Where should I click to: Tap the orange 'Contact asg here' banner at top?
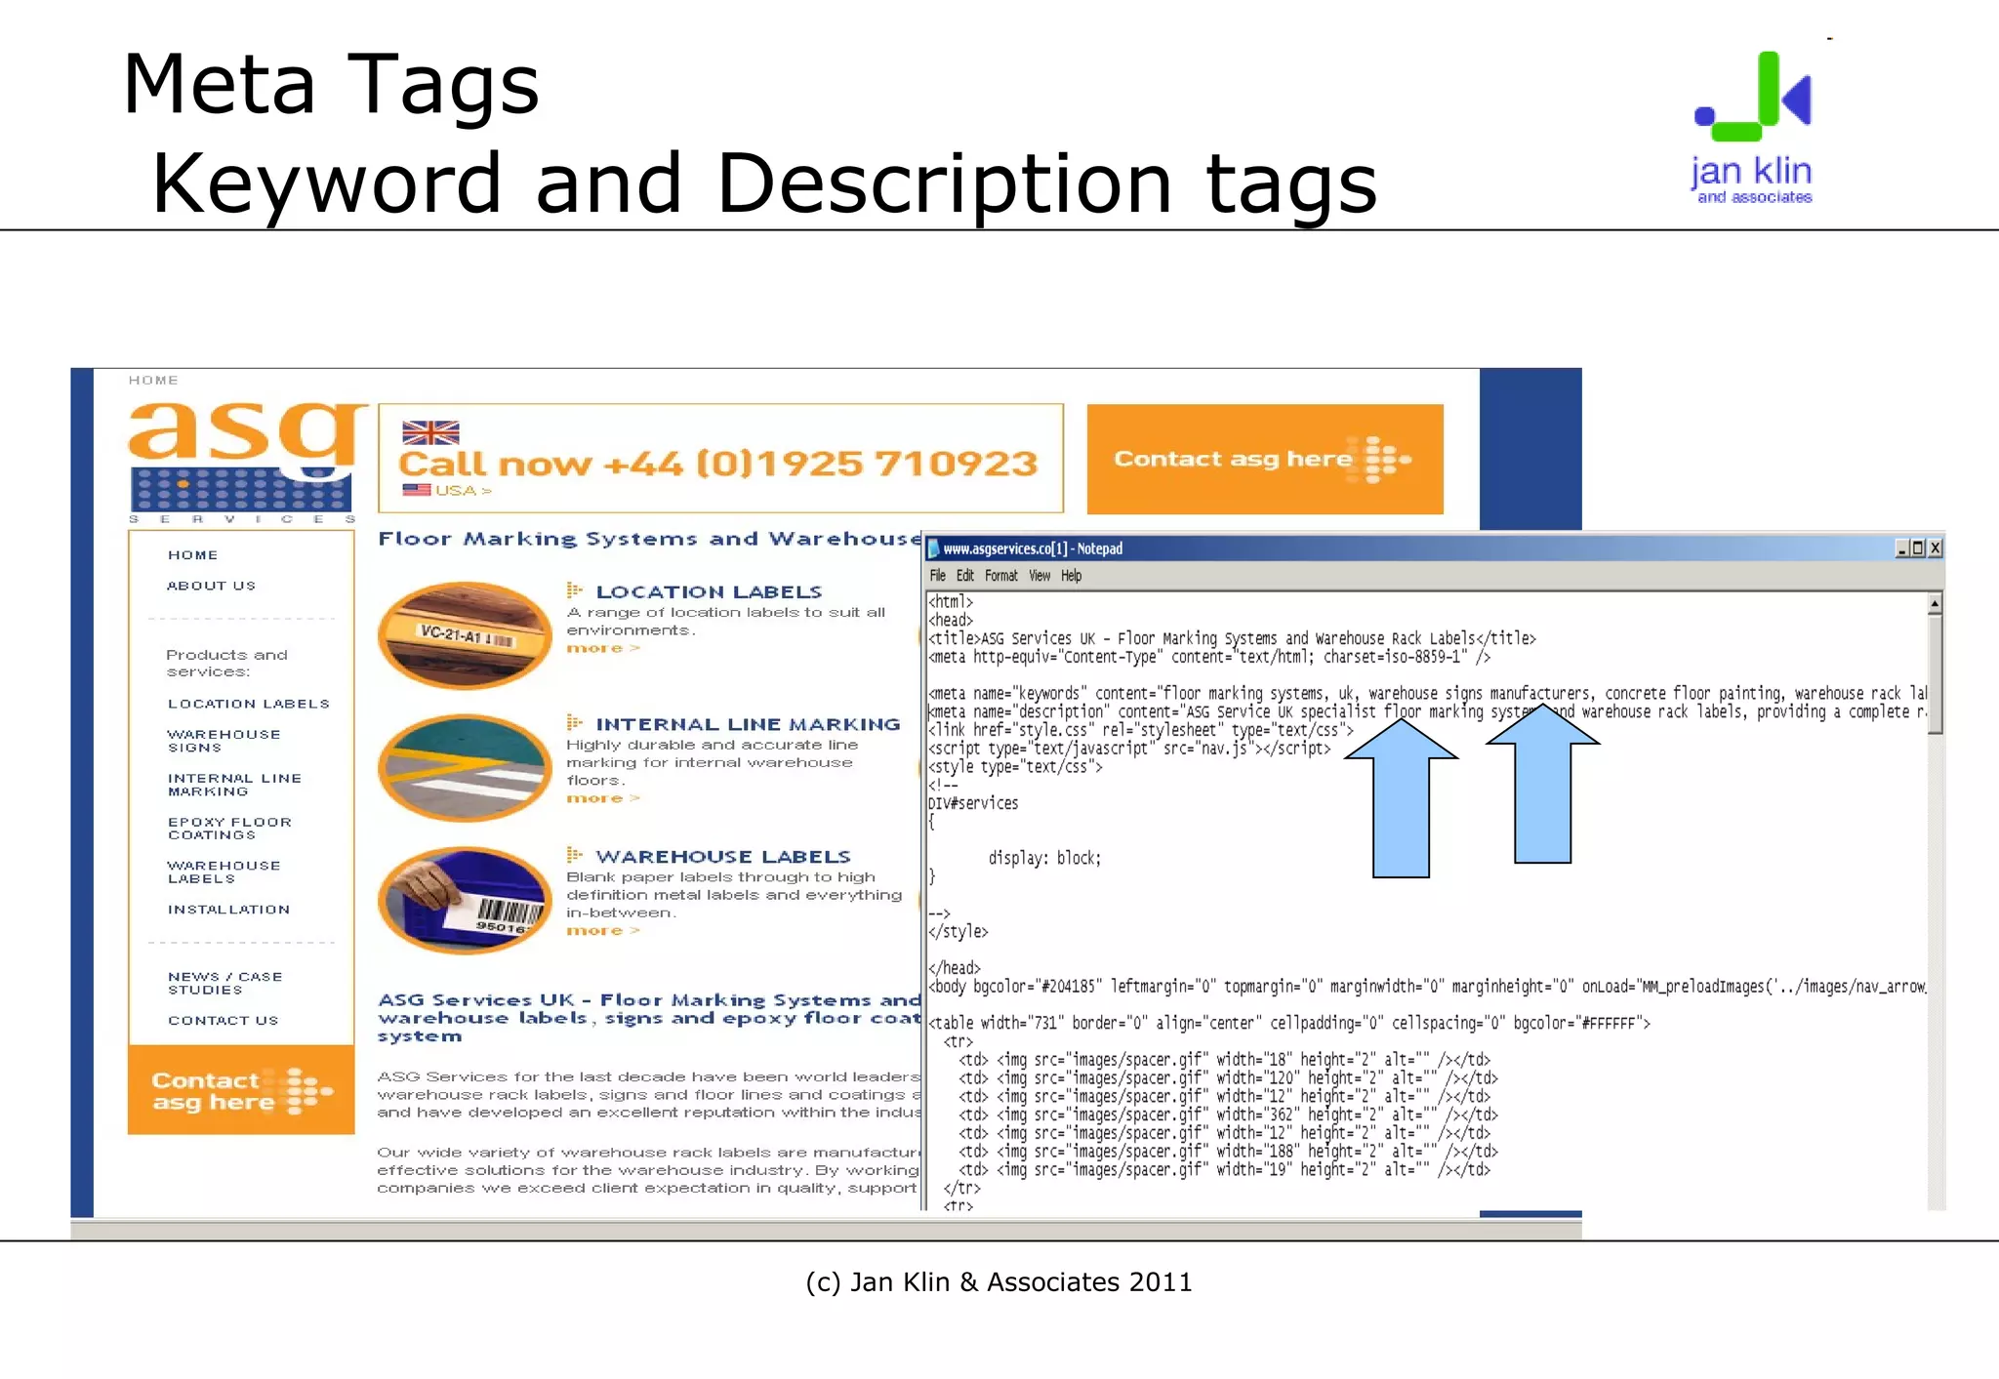[1264, 459]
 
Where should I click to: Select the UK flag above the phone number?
[430, 432]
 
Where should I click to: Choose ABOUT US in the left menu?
[211, 586]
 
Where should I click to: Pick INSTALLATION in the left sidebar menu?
[228, 910]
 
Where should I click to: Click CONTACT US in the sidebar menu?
[223, 1021]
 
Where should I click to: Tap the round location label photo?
[465, 635]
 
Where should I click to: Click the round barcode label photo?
[465, 900]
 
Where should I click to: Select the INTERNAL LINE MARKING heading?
[748, 724]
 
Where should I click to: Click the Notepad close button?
[1936, 548]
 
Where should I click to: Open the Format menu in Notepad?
[1000, 576]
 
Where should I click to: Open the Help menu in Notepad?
[1071, 576]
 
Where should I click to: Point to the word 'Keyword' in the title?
[325, 183]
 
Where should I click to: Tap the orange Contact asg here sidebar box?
[241, 1090]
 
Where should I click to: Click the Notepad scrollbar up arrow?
[1935, 605]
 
